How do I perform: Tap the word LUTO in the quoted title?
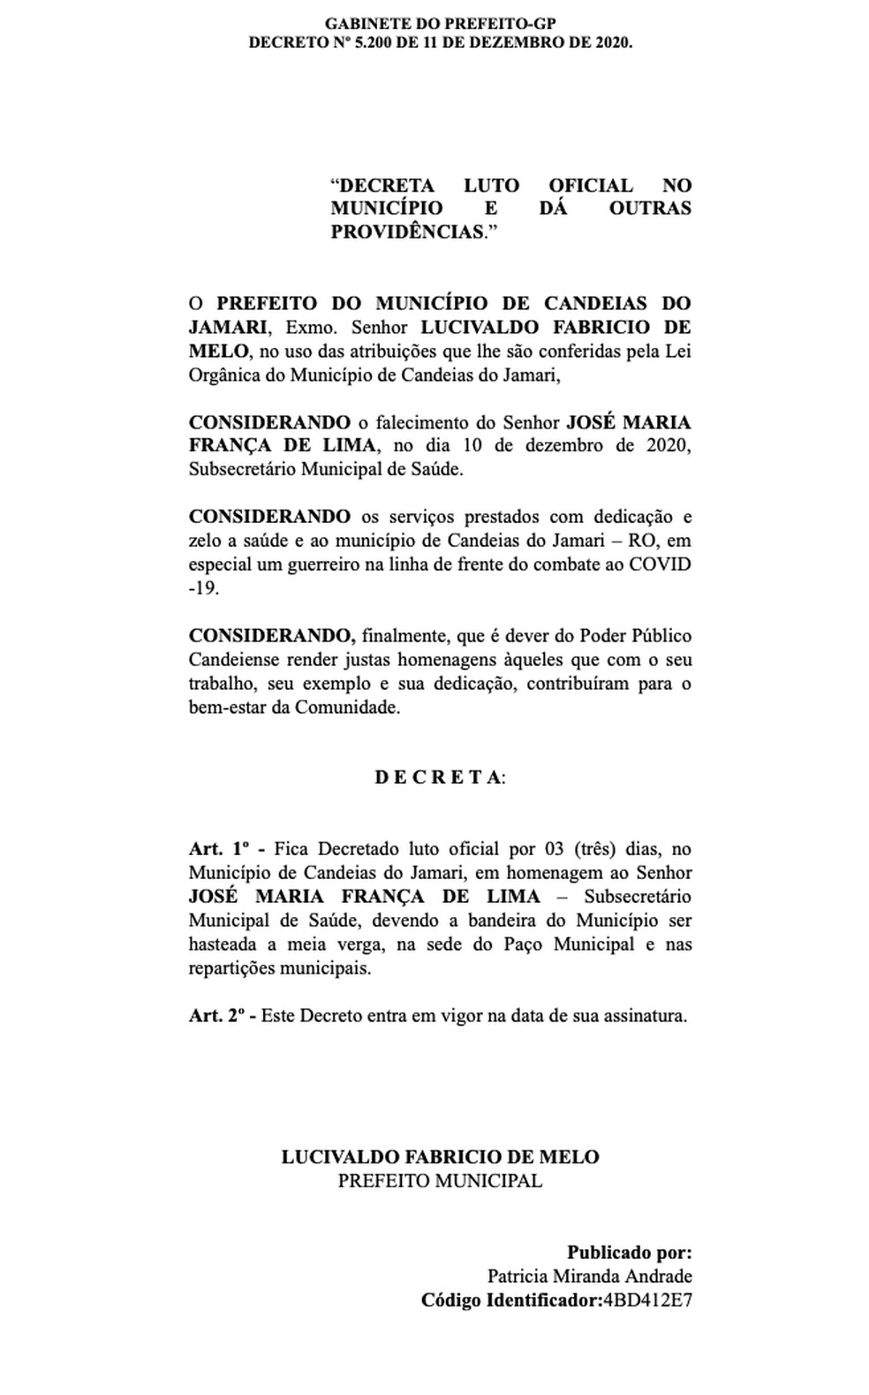[491, 186]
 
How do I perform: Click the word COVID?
[659, 565]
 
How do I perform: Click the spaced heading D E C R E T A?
[438, 777]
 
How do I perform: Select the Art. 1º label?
[220, 849]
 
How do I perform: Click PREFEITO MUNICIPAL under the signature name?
[440, 1180]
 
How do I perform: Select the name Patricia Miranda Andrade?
[589, 1276]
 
